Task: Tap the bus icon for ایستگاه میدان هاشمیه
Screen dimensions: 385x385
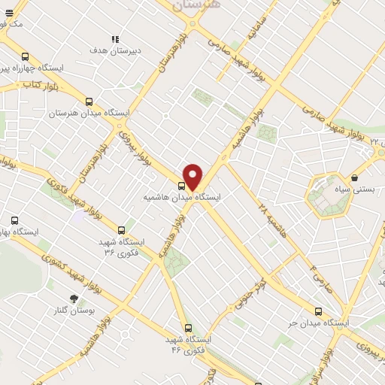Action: [x=181, y=186]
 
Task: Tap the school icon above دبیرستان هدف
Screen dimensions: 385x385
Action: [x=115, y=40]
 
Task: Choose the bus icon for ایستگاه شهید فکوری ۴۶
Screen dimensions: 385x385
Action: [x=187, y=328]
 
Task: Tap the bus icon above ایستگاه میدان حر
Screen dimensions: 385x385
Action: [x=319, y=311]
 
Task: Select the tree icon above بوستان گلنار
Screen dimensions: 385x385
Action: [x=73, y=299]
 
